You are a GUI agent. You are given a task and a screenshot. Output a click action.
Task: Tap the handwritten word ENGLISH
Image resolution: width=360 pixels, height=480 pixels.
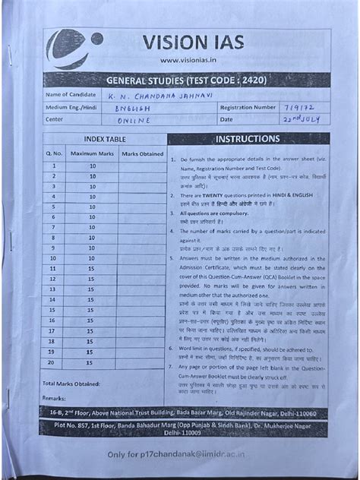(x=134, y=108)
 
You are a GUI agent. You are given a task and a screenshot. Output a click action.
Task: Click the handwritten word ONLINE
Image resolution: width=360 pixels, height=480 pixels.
(x=134, y=120)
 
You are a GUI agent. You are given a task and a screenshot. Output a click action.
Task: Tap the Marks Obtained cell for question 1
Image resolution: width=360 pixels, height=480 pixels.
(x=141, y=166)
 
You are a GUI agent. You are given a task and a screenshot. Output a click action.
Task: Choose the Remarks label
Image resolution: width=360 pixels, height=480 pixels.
(x=55, y=397)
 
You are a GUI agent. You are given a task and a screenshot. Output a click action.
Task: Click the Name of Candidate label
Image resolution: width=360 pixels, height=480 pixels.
(x=71, y=95)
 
